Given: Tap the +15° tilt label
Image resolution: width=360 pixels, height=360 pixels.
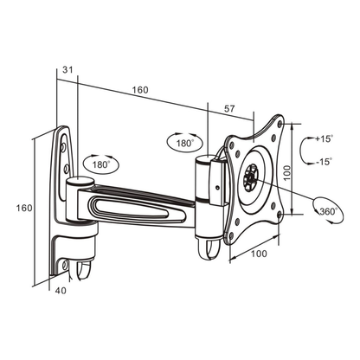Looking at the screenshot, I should pyautogui.click(x=324, y=138).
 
